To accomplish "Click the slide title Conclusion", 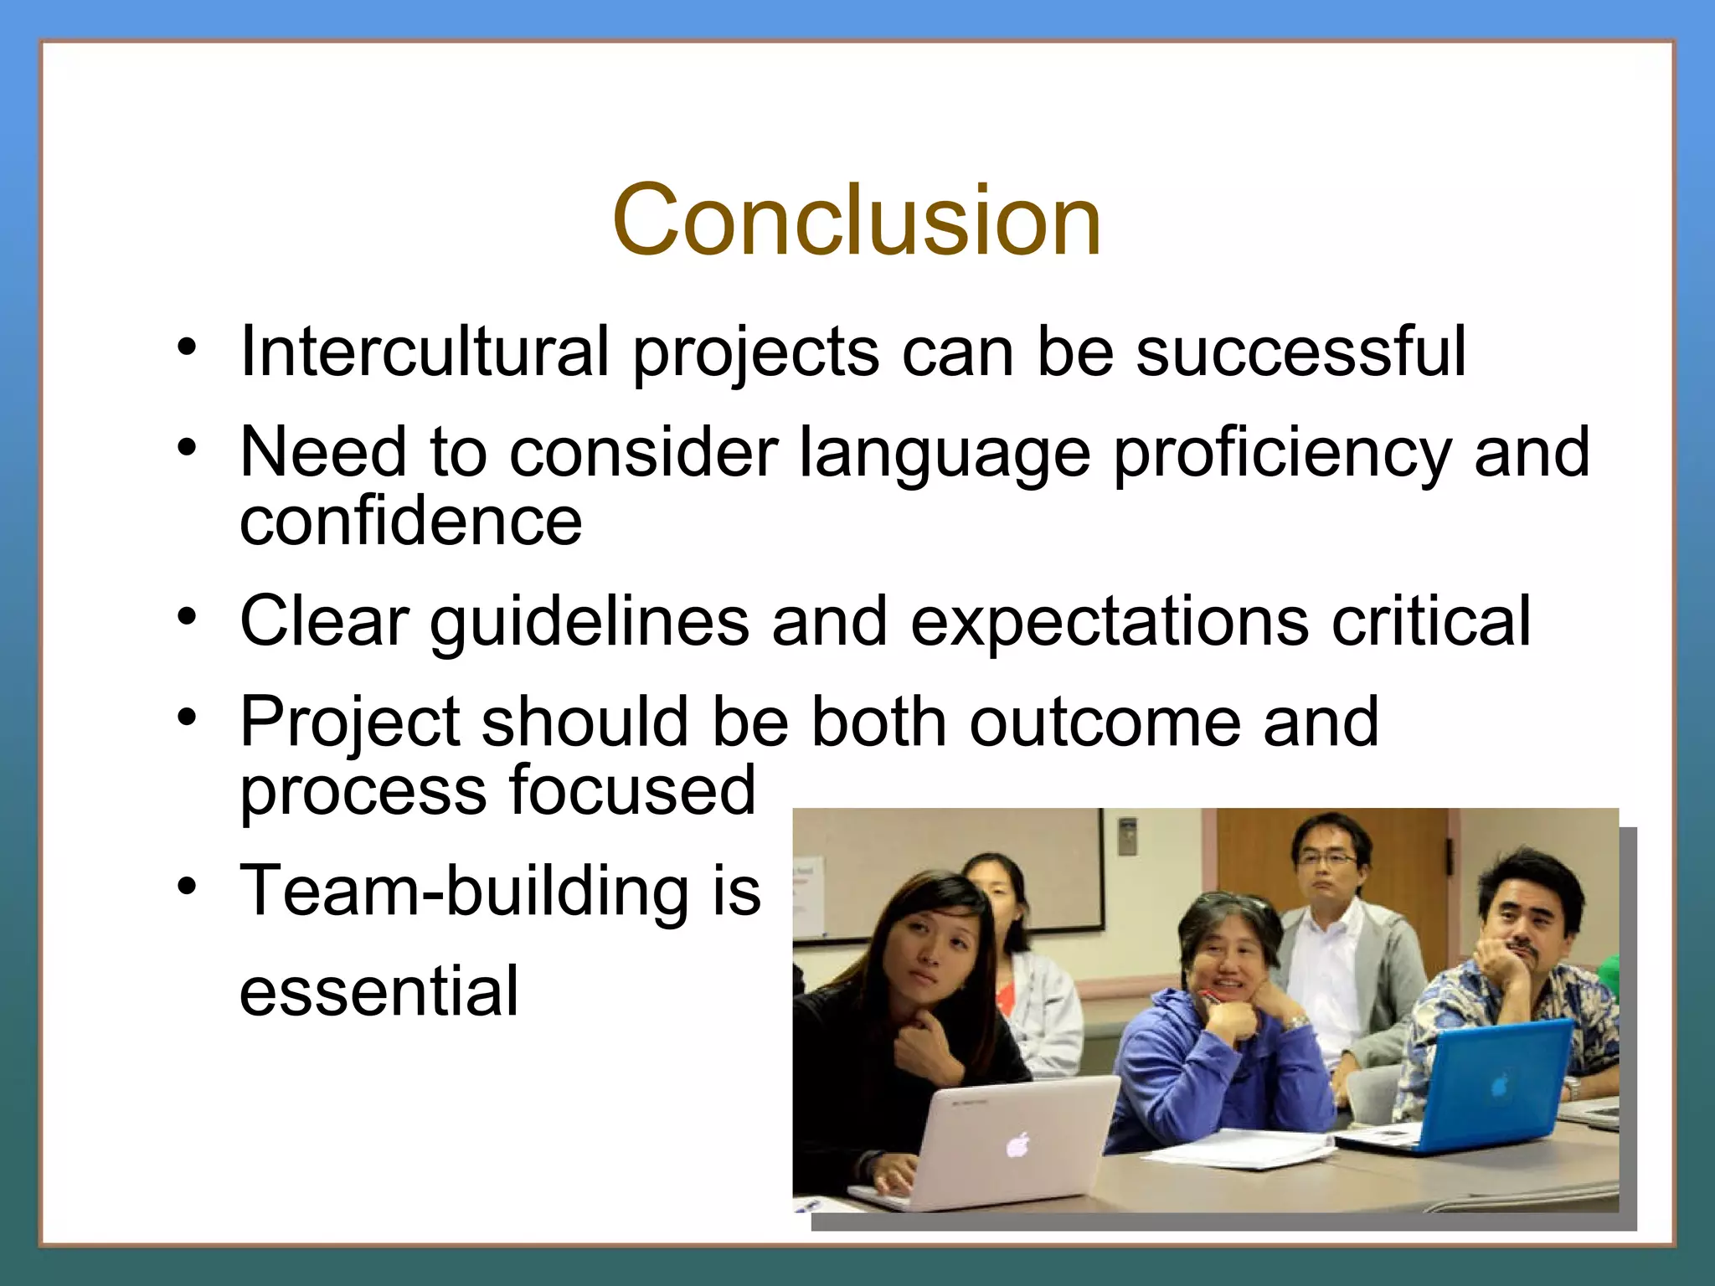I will click(x=857, y=221).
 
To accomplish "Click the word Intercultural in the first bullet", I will click(x=424, y=352).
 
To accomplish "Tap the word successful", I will click(x=1300, y=352).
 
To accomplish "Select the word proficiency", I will click(x=1281, y=455).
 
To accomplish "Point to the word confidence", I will click(x=410, y=521).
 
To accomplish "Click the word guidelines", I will click(x=590, y=622).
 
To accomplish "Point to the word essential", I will click(x=379, y=991).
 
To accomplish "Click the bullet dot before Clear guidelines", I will click(x=187, y=618).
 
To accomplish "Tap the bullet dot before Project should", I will click(x=187, y=718).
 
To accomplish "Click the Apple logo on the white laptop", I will click(x=1018, y=1144).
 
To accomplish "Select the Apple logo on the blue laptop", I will click(x=1500, y=1088).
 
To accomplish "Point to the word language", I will click(x=945, y=455).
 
